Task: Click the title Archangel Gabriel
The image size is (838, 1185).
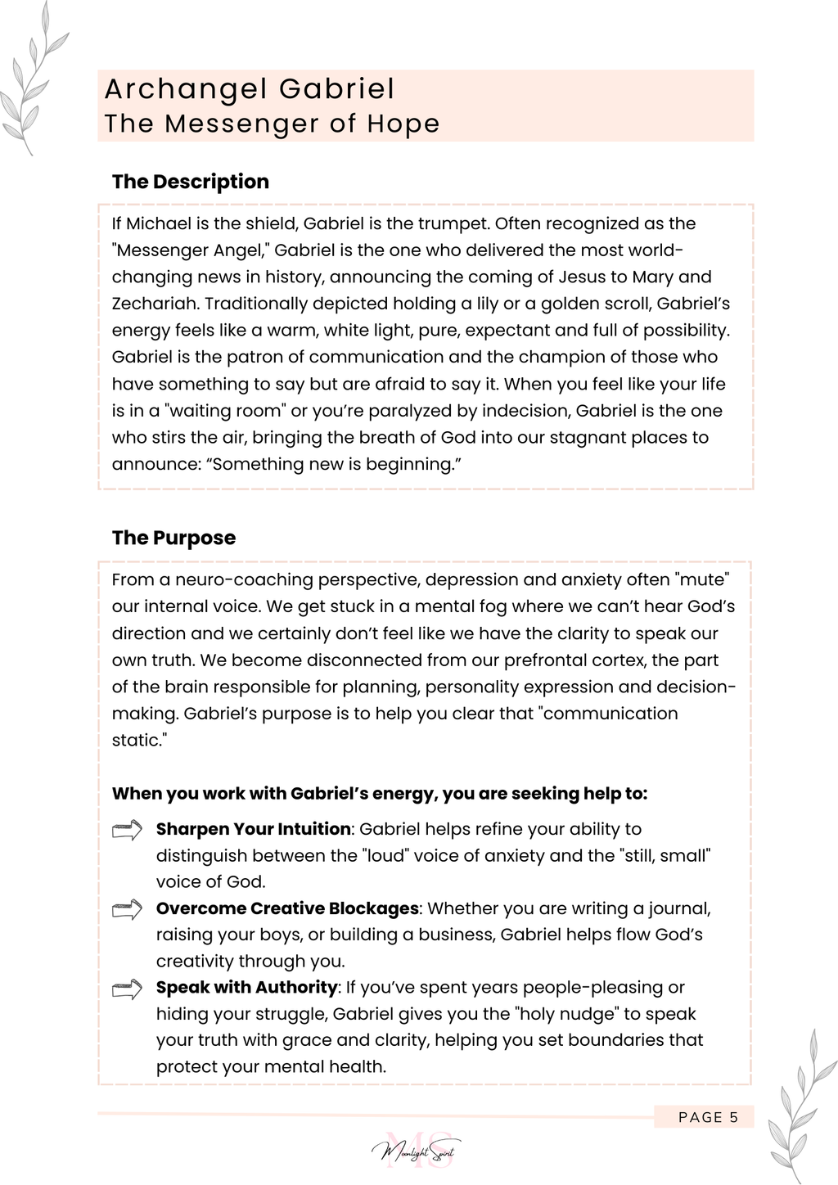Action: [x=250, y=89]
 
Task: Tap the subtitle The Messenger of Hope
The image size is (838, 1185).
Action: [x=272, y=124]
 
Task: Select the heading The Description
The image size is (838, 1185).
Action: [x=191, y=182]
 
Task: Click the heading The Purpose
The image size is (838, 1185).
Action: [x=173, y=538]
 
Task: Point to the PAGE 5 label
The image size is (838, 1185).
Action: [x=708, y=1117]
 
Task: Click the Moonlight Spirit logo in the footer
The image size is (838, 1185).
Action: [x=417, y=1151]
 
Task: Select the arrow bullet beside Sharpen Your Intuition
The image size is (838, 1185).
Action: [x=127, y=831]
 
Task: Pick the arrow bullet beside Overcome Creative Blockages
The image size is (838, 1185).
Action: [x=127, y=909]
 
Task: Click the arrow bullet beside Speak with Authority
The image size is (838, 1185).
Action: [x=127, y=989]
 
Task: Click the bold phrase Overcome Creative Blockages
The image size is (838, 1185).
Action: [x=287, y=908]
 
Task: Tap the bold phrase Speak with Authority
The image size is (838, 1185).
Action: [x=246, y=987]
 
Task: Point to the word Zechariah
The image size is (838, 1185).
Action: [x=155, y=304]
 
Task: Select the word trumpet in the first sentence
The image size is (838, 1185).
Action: [x=453, y=223]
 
